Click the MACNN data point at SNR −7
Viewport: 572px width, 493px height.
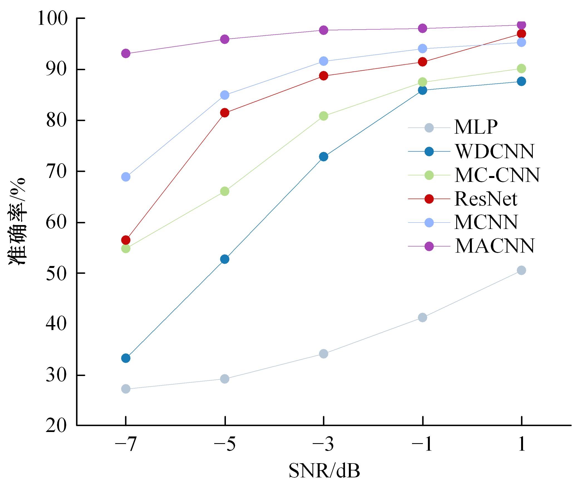click(x=126, y=53)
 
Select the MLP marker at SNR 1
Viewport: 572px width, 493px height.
click(x=521, y=270)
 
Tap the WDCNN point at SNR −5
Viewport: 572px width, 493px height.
click(x=225, y=259)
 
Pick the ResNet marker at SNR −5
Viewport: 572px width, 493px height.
click(x=225, y=113)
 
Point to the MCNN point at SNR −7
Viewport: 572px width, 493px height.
click(x=126, y=177)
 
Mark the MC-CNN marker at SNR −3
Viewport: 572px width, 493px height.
click(x=324, y=116)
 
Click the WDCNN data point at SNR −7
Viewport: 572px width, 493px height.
click(x=126, y=358)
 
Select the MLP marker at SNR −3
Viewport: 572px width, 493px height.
click(x=324, y=354)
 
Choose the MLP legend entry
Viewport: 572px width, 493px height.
click(x=476, y=127)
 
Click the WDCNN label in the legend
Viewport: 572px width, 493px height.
click(x=494, y=152)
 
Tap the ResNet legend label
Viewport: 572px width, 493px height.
click(x=485, y=199)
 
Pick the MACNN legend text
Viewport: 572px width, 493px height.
click(x=494, y=246)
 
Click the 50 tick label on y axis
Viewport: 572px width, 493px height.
click(x=56, y=273)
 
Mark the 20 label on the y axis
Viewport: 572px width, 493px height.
click(x=56, y=426)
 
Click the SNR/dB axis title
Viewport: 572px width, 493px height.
click(x=324, y=471)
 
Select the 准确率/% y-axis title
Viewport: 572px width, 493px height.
click(x=17, y=221)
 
